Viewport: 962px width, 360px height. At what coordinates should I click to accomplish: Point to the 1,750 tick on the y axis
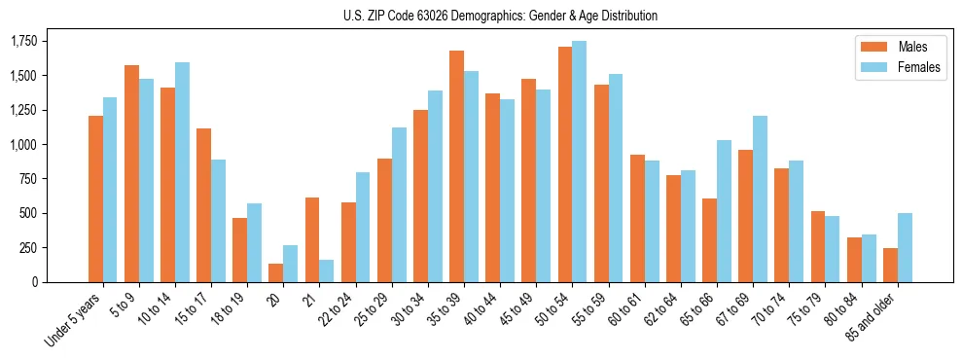23,41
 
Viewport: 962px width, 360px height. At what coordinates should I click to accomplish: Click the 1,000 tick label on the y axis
23,144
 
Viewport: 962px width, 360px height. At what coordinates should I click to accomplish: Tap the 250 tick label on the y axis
29,247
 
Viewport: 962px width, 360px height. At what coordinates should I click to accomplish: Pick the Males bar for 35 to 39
456,165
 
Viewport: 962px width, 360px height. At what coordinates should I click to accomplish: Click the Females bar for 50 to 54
579,161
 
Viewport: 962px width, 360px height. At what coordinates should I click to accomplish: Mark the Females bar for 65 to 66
724,210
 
